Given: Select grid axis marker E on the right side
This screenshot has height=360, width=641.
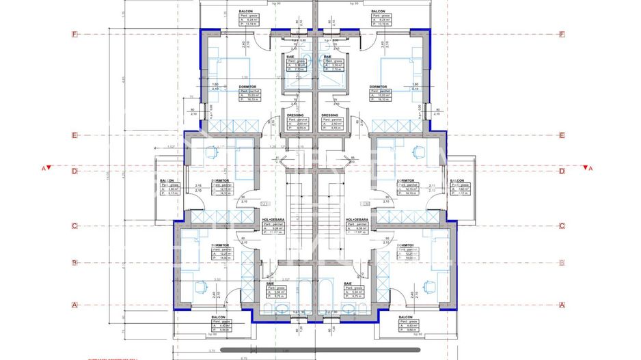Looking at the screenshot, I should pos(562,135).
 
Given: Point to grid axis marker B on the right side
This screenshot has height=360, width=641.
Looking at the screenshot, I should pos(562,262).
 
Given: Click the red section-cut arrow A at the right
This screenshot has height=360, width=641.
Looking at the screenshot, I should pos(586,167).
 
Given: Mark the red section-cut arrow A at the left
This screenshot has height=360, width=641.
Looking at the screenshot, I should pos(46,167).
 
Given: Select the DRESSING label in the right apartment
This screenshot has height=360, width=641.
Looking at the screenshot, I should pos(330,115).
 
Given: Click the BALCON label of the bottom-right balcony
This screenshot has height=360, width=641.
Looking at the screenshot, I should pos(405,318).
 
